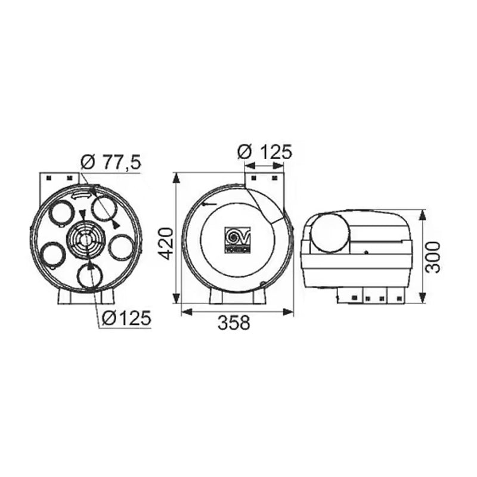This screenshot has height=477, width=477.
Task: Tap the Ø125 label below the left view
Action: (x=126, y=318)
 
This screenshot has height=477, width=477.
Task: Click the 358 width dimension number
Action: (x=233, y=323)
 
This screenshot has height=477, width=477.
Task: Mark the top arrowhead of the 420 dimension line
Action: (x=176, y=177)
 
